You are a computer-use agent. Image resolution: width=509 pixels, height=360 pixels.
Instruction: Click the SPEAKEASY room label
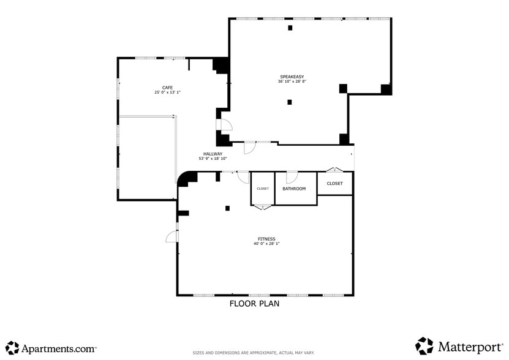point(292,77)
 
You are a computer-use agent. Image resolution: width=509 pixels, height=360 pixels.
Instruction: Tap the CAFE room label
point(167,88)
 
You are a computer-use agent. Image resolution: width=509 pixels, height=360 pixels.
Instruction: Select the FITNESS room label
point(266,239)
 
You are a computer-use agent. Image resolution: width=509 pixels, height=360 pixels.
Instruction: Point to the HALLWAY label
point(213,154)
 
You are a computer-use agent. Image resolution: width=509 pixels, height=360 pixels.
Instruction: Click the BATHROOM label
point(294,189)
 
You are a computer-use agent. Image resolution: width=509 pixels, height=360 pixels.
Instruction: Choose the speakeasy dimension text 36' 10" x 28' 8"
point(292,81)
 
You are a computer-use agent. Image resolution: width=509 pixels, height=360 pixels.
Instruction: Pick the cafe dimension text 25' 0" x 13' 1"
point(167,92)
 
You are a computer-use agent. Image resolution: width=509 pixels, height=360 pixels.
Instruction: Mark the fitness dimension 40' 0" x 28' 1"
point(266,244)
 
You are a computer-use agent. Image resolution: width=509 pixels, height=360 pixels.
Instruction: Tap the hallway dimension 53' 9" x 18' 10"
point(213,159)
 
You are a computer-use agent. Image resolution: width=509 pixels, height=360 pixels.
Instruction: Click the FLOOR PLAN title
point(254,304)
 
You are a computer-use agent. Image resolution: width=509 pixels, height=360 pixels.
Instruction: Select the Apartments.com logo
point(51,348)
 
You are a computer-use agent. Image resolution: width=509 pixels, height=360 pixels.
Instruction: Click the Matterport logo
point(459,347)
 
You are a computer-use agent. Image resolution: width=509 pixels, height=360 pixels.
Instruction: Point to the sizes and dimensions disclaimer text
point(254,353)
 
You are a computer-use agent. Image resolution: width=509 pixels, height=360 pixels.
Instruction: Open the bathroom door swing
point(292,177)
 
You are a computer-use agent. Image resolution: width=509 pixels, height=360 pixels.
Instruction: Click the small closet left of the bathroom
point(262,189)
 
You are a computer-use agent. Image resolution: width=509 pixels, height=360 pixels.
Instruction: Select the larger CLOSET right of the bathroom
point(334,184)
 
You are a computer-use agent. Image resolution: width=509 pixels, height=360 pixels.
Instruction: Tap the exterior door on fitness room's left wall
point(172,236)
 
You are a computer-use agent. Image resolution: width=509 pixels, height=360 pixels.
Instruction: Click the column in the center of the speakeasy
point(290,102)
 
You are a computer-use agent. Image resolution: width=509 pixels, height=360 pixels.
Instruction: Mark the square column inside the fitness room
point(227,208)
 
